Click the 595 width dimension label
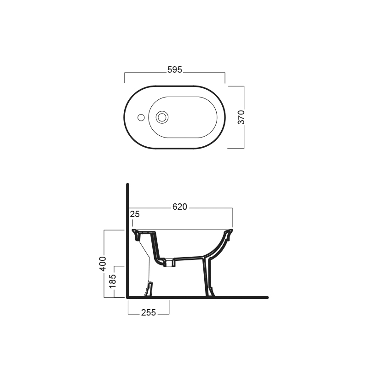(175, 70)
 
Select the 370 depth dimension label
(241, 117)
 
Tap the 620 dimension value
(179, 207)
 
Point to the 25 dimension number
(135, 214)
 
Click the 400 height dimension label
(103, 264)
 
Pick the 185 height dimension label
(113, 281)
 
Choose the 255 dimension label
(149, 313)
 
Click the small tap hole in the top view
(141, 118)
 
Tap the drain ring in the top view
(162, 117)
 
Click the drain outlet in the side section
(169, 263)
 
